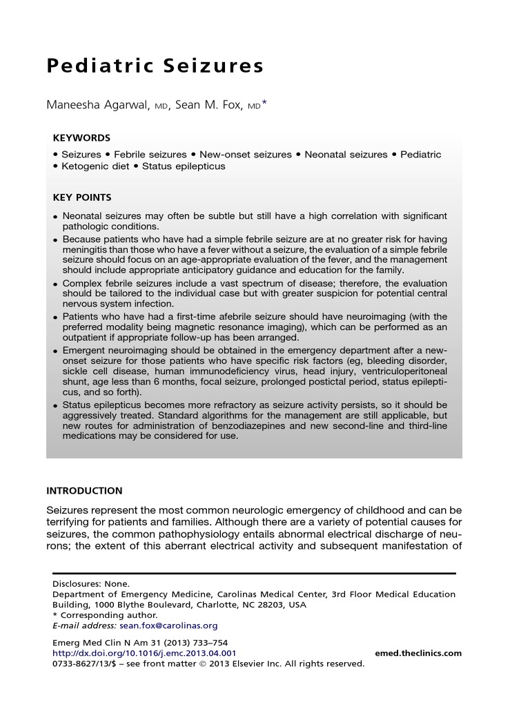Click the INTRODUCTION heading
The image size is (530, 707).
click(x=84, y=491)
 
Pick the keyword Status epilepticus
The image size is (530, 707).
click(x=184, y=166)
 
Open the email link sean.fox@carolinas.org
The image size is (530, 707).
click(x=168, y=626)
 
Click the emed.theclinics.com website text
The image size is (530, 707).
click(x=418, y=653)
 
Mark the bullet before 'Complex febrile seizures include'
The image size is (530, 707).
click(x=55, y=284)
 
